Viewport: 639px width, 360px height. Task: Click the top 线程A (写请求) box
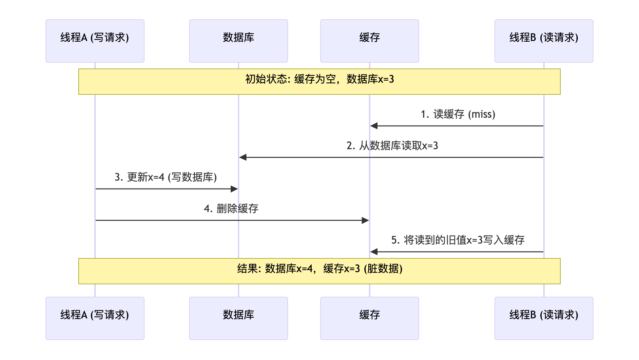(x=95, y=41)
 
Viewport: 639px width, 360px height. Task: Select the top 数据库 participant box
(x=239, y=41)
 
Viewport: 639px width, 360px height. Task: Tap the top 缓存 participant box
(x=370, y=41)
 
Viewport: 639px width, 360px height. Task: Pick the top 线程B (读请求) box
(x=544, y=41)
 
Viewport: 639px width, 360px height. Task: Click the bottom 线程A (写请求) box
(x=95, y=318)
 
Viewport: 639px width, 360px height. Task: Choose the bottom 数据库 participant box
(x=239, y=318)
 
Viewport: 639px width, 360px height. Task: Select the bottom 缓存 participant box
(x=370, y=318)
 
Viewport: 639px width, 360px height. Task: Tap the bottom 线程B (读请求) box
(x=544, y=318)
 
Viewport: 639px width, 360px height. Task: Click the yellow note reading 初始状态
(x=319, y=82)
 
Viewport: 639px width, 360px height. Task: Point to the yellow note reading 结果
(x=319, y=271)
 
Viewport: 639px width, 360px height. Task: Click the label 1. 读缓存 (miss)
(x=458, y=114)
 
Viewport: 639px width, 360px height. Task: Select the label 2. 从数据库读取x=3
(x=392, y=146)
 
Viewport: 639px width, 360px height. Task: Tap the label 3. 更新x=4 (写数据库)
(x=166, y=177)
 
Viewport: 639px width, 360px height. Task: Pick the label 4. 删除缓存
(x=231, y=209)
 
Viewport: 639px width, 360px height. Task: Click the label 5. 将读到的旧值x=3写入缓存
(x=458, y=240)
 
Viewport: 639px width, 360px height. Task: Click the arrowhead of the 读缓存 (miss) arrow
(x=374, y=126)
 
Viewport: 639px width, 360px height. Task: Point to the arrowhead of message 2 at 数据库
(x=243, y=157)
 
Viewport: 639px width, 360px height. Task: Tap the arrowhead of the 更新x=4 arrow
(x=234, y=189)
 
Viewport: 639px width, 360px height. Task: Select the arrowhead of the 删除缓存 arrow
(x=365, y=220)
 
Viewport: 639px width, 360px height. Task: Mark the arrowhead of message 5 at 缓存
(x=374, y=252)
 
